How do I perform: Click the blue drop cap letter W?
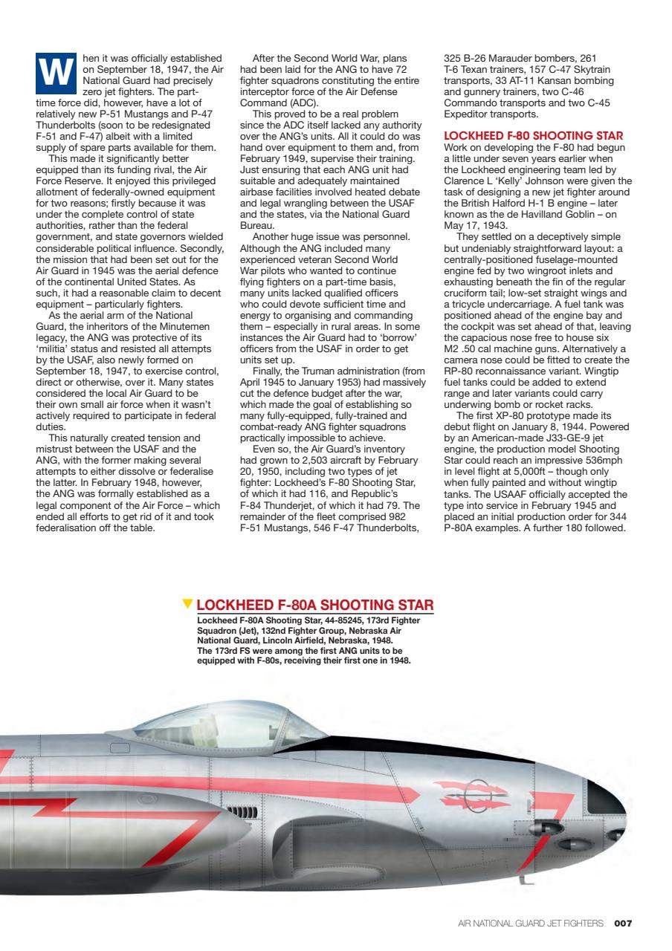tap(56, 72)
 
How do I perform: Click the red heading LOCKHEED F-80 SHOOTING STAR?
tap(532, 135)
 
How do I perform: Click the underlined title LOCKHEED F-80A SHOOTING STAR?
tap(314, 604)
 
